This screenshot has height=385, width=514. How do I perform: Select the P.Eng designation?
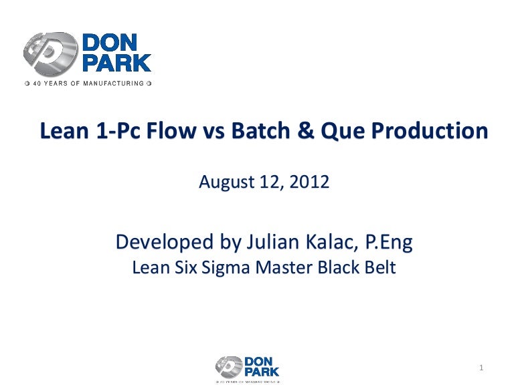pos(387,242)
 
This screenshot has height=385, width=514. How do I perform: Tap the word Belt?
pos(379,268)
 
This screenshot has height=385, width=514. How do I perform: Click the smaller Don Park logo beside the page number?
pos(248,367)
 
